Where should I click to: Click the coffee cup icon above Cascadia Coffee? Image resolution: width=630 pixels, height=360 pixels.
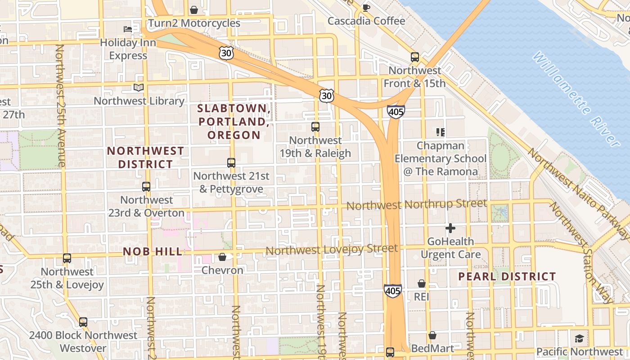point(366,7)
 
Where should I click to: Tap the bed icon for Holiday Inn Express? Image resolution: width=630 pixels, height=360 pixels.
point(128,29)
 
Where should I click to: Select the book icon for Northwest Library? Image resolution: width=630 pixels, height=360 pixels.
point(139,87)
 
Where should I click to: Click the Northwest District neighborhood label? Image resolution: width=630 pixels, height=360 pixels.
point(145,157)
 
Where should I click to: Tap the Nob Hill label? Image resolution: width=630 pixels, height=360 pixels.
point(153,252)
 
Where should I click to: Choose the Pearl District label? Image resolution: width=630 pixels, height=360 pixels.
point(507,276)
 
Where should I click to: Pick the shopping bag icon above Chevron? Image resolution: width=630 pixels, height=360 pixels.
point(222,257)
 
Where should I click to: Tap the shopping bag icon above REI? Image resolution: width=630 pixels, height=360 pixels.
point(422,283)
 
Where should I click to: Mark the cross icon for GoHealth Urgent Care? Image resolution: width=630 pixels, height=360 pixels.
point(450,228)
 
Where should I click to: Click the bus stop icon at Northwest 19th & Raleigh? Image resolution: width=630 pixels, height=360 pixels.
point(315,127)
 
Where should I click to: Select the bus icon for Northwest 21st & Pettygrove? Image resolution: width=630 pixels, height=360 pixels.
point(231,162)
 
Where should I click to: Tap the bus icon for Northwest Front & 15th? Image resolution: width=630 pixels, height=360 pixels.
point(415,57)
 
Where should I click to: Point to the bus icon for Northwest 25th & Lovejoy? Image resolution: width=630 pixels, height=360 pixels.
point(67,258)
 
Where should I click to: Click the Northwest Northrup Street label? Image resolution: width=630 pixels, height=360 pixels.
point(417,205)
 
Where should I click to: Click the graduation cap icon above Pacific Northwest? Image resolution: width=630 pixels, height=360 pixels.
point(579,338)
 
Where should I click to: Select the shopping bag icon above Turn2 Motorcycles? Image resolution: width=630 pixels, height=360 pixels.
point(194,9)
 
